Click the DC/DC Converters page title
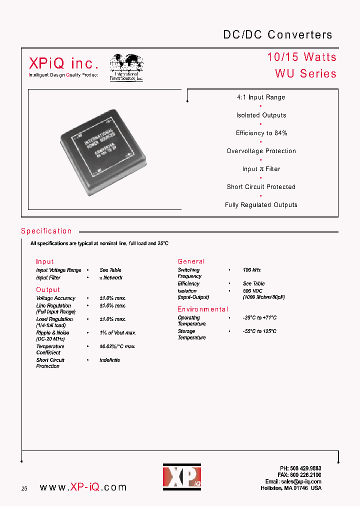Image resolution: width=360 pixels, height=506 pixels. tap(277, 34)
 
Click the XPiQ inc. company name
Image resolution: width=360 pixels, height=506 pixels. tap(63, 63)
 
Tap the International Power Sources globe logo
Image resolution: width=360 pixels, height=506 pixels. tap(126, 67)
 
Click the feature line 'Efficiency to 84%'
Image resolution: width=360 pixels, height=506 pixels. tap(261, 133)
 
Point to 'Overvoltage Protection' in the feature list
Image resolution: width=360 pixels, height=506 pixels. tap(261, 151)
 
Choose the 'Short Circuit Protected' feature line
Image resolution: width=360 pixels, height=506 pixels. tap(261, 187)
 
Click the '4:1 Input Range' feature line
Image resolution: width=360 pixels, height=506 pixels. tap(261, 97)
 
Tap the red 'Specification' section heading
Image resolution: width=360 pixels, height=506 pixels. tap(46, 231)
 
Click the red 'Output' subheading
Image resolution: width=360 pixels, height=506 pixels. tap(47, 290)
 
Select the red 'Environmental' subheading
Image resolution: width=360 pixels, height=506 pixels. tap(202, 309)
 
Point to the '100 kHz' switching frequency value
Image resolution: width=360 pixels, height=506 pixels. tap(252, 270)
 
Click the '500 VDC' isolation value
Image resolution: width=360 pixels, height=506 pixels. tap(253, 291)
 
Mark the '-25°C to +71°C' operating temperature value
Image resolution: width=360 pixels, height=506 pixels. tap(259, 318)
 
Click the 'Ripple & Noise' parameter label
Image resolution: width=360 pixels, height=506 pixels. tap(52, 333)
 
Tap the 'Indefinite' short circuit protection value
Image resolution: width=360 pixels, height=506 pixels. tap(109, 360)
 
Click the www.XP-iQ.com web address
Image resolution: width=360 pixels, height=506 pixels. tap(82, 487)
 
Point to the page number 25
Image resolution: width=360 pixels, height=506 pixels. tap(24, 488)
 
